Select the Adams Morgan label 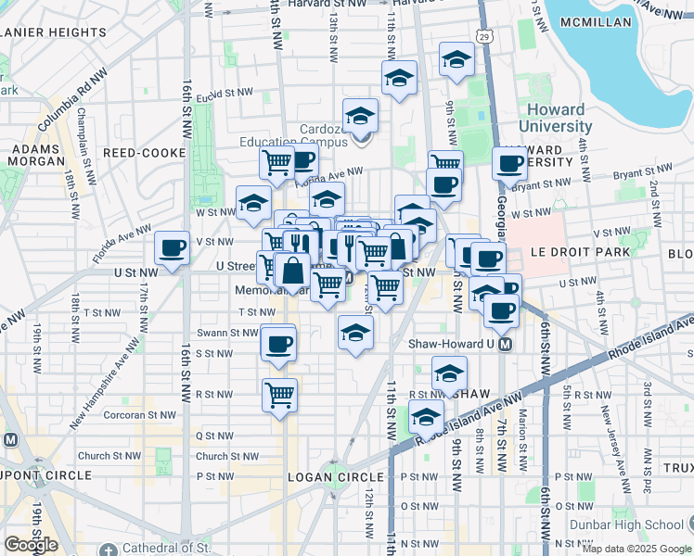point(35,154)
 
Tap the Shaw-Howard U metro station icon point(506,344)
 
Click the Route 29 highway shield point(484,35)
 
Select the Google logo point(31,545)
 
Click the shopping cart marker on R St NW point(279,396)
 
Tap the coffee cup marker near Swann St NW point(278,344)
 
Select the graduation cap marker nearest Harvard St point(456,60)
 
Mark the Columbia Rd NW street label point(74,98)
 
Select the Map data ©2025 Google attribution point(636,549)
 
